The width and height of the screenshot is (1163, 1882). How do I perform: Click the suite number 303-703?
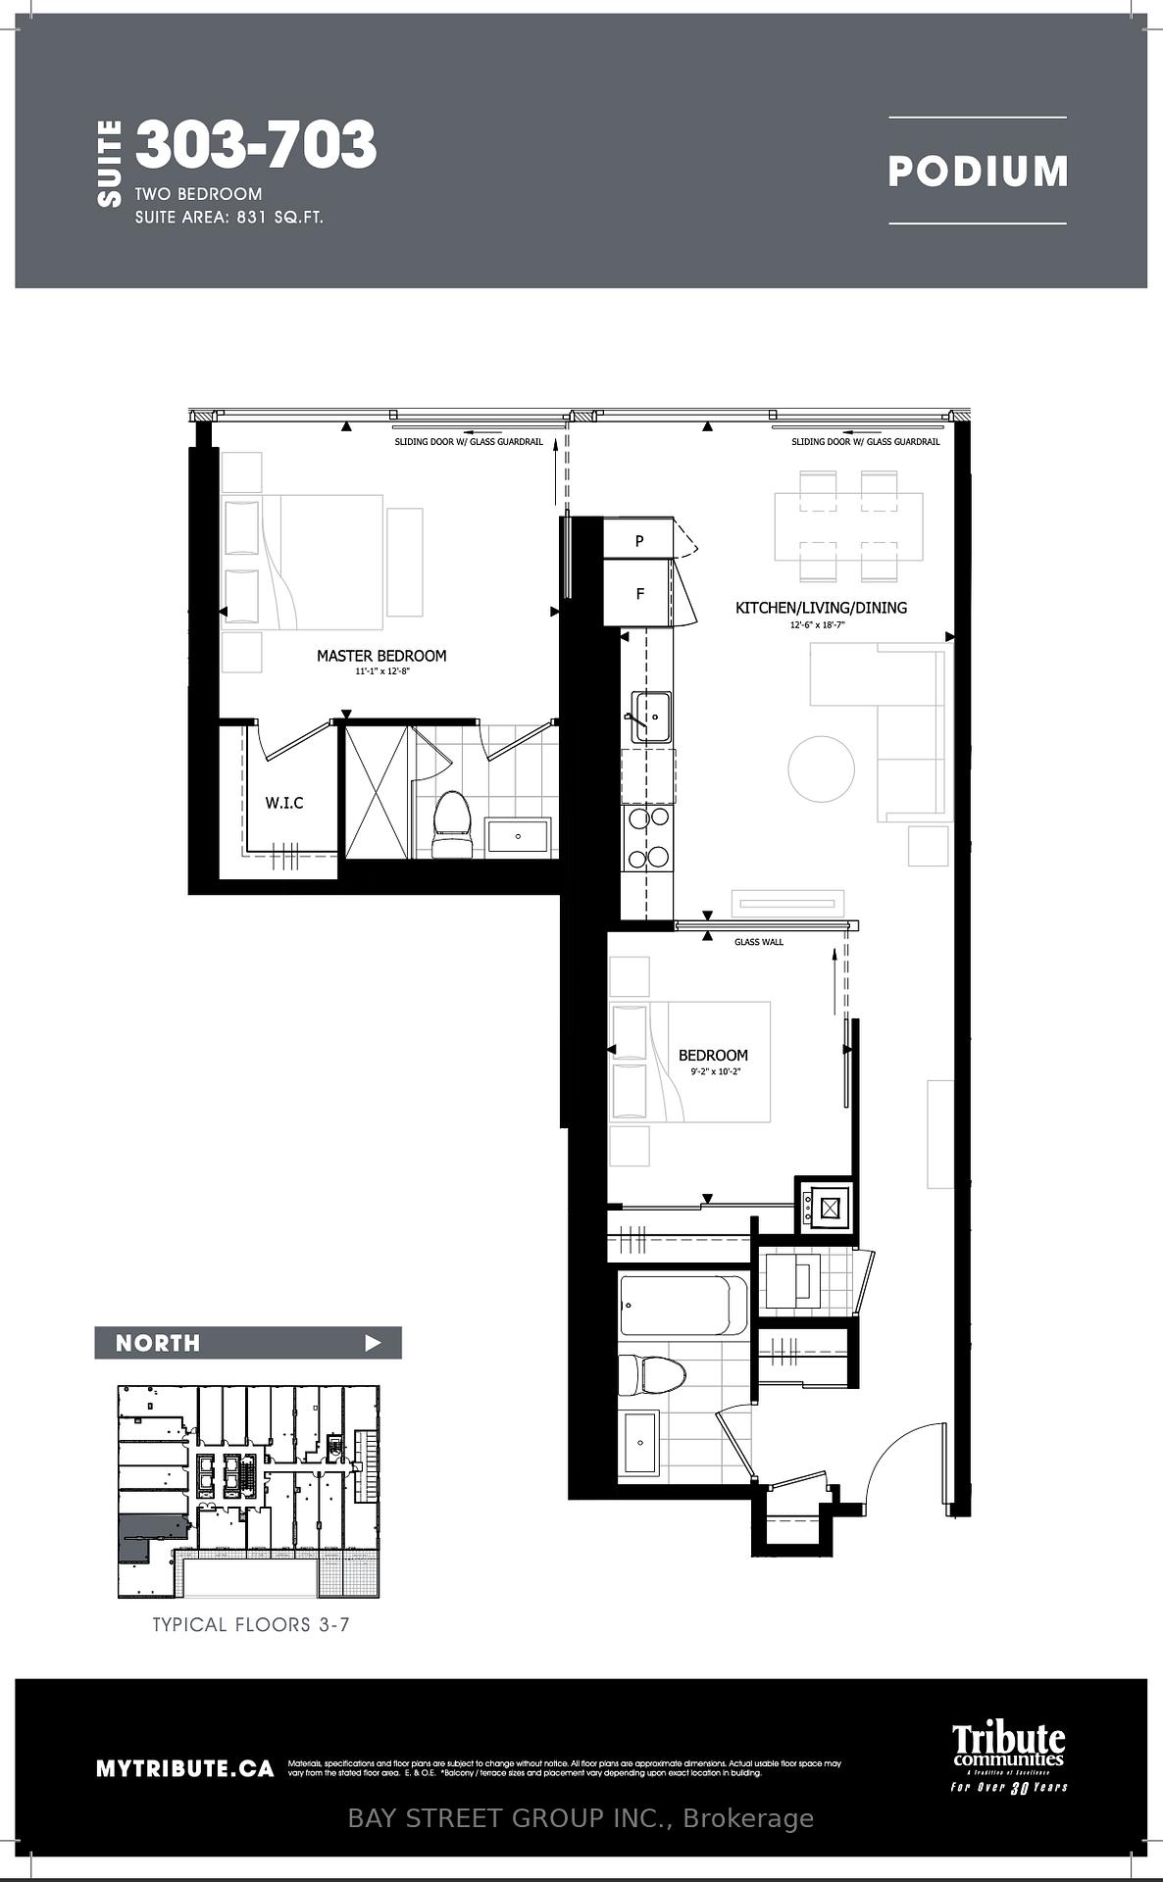(256, 145)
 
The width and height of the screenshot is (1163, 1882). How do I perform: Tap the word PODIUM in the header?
(977, 172)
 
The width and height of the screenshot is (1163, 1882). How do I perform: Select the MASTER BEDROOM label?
(381, 656)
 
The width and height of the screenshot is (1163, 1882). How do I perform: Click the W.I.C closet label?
(284, 803)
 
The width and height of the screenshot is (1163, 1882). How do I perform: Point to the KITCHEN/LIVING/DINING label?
(821, 608)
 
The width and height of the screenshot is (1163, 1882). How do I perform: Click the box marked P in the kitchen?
(639, 540)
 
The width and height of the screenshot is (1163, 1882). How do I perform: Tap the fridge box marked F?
(640, 594)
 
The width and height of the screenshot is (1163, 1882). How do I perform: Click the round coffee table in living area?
(821, 768)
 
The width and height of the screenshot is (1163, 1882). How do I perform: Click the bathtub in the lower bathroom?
(683, 1305)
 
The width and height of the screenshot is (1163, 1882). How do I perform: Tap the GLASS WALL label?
(759, 942)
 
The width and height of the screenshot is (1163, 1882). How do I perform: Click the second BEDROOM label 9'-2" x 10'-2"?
(713, 1056)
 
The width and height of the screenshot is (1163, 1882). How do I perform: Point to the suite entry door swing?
(907, 1464)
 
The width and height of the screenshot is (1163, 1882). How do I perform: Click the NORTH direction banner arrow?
(373, 1343)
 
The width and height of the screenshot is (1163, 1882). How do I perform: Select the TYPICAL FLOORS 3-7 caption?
(251, 1624)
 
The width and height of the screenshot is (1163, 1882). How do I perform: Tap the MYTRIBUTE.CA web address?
(184, 1768)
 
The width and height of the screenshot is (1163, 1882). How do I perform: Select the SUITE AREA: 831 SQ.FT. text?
(229, 218)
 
